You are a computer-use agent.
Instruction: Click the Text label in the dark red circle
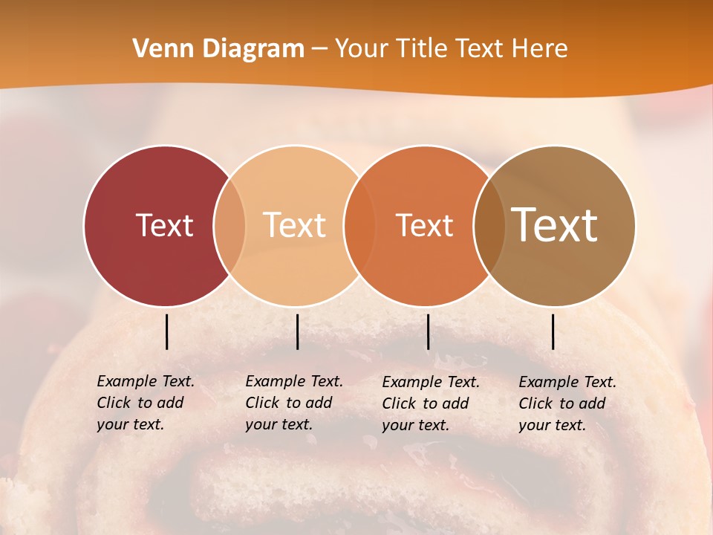click(x=164, y=225)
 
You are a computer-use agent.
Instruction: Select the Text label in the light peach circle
click(x=295, y=225)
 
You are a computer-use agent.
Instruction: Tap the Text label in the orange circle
click(x=424, y=225)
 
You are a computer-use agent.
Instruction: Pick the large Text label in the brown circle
click(x=555, y=224)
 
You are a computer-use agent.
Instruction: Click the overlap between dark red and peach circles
click(x=229, y=225)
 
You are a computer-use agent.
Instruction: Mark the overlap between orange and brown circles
click(x=489, y=225)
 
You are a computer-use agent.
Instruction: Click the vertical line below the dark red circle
click(x=166, y=331)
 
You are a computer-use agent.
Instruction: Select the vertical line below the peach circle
click(x=297, y=331)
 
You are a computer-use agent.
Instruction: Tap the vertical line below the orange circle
click(x=428, y=331)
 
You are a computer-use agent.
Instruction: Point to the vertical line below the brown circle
click(x=553, y=331)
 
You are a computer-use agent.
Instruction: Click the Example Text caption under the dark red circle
click(x=146, y=403)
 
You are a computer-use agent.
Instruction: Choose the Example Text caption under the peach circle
click(x=294, y=403)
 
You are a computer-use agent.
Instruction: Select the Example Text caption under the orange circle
click(x=431, y=403)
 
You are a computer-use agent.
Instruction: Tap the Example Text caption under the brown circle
click(x=567, y=403)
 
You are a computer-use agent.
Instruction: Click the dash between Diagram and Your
click(x=319, y=50)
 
